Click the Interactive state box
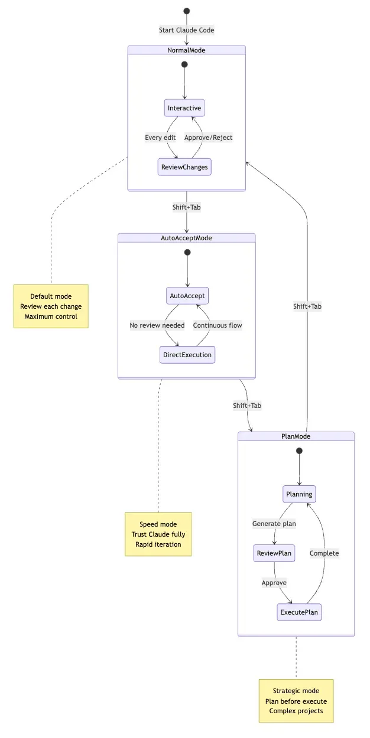tap(184, 108)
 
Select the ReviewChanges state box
tap(184, 167)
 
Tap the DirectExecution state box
tap(187, 355)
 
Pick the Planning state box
tap(299, 494)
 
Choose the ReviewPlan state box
tap(274, 553)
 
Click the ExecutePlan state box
tap(299, 612)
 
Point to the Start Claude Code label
tap(187, 30)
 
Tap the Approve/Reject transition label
tap(209, 138)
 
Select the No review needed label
tap(157, 325)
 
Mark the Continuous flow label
tap(218, 325)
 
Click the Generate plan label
tap(274, 524)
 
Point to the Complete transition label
tap(324, 553)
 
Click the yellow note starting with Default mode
tap(51, 306)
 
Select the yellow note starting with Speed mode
tap(158, 534)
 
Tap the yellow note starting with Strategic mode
tap(296, 701)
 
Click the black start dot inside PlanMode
tap(299, 451)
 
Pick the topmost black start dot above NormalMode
tap(187, 11)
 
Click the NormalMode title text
tap(187, 50)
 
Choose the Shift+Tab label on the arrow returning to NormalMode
tap(307, 306)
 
